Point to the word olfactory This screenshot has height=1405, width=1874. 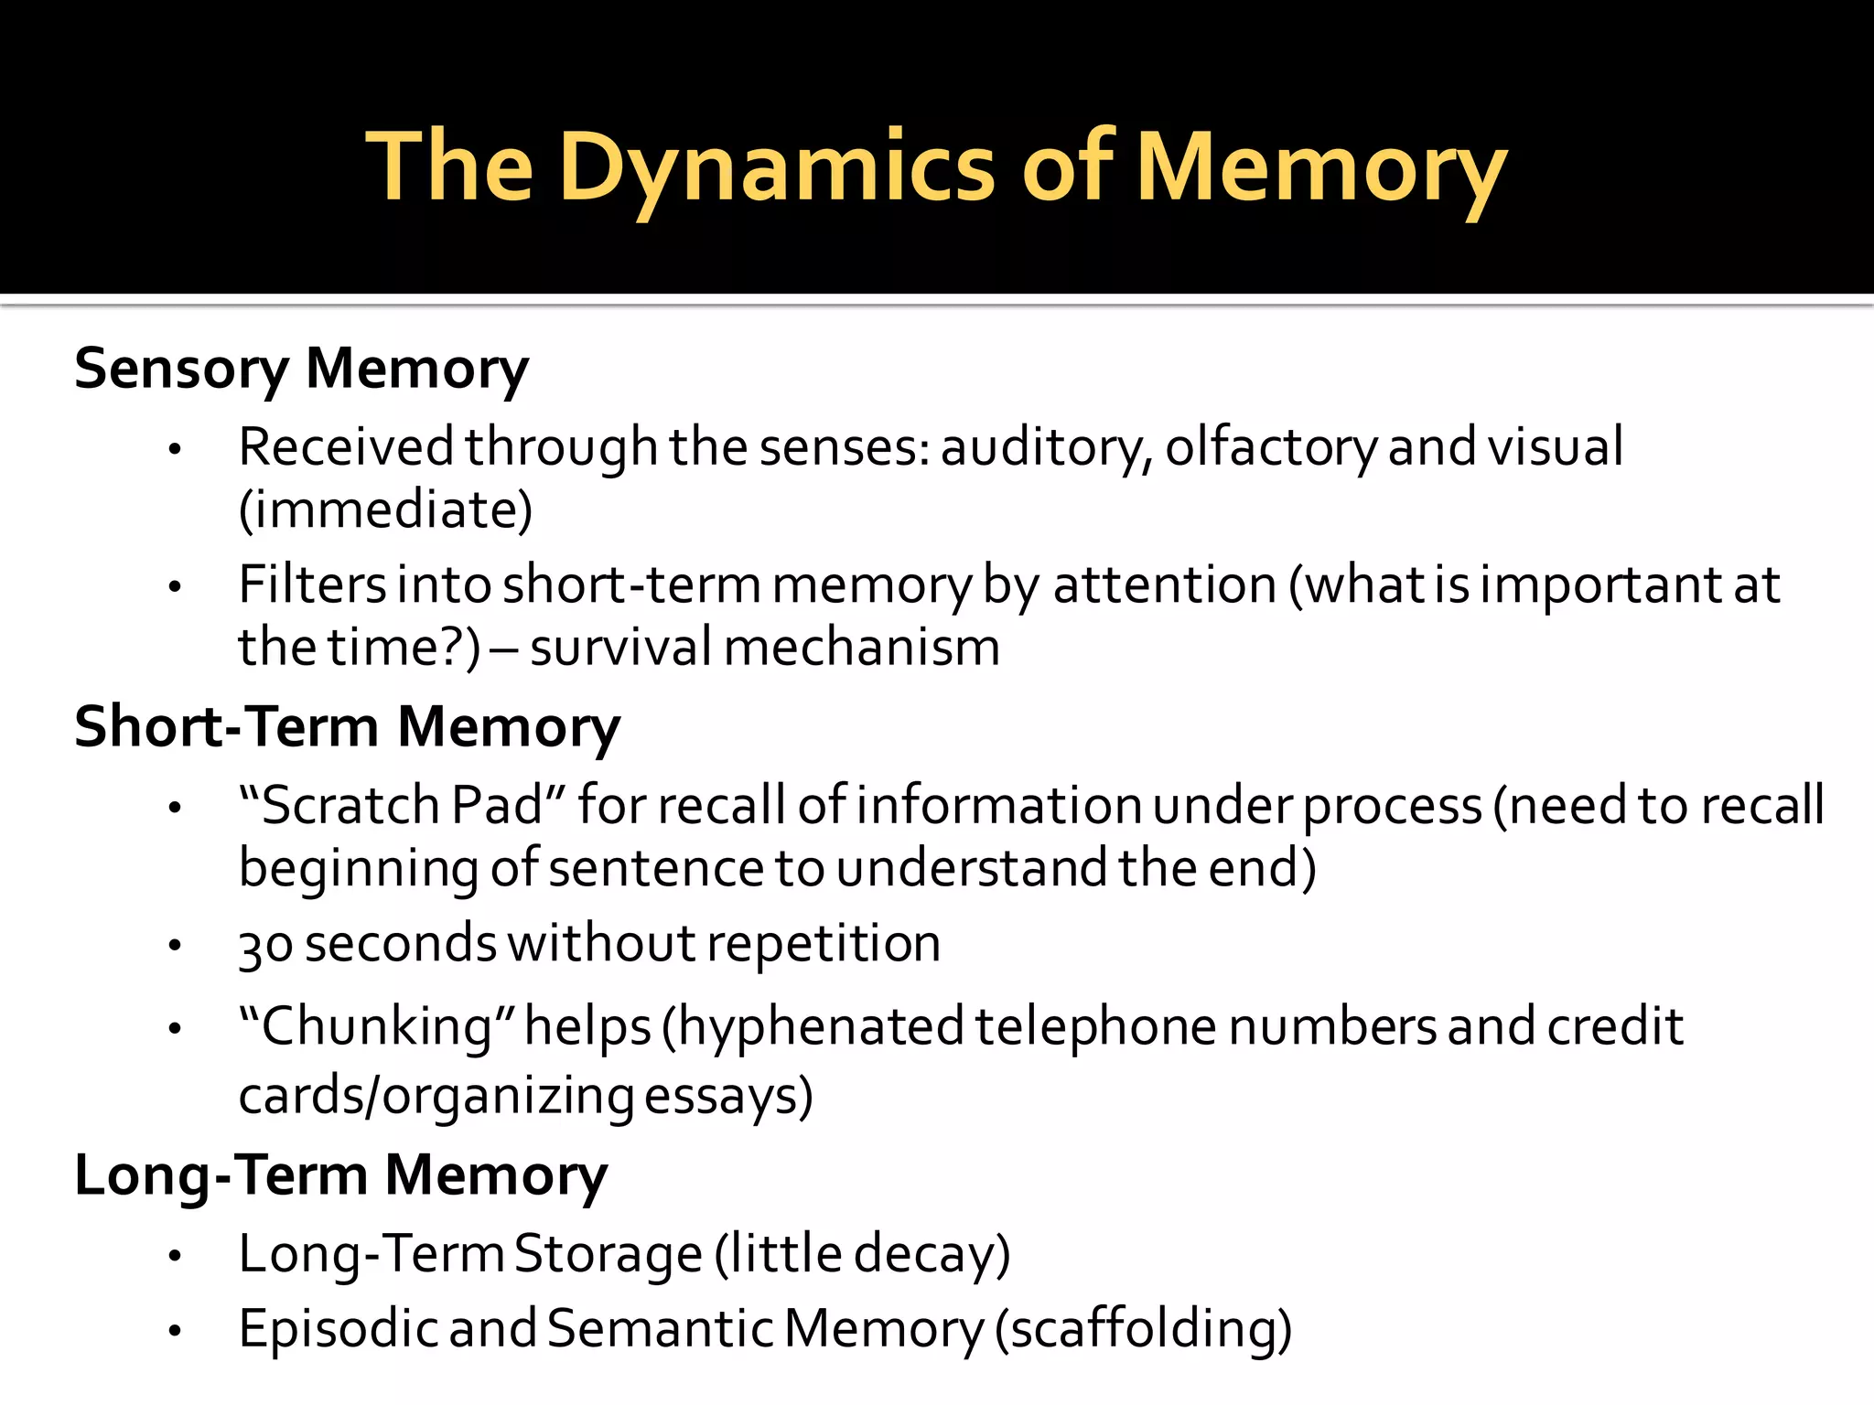coord(1270,447)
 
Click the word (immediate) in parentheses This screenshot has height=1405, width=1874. coord(385,509)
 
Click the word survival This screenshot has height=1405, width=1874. coord(620,648)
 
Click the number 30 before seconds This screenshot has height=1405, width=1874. coord(265,945)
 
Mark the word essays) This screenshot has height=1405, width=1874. coord(728,1096)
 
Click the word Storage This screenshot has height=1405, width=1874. coord(608,1254)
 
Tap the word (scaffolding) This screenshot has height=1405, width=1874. coord(1143,1329)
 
